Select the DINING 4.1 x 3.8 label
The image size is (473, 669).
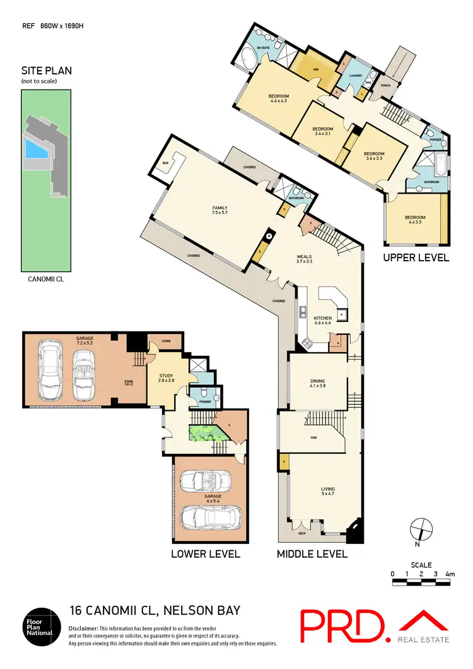pyautogui.click(x=317, y=383)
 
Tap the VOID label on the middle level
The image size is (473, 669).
pyautogui.click(x=313, y=437)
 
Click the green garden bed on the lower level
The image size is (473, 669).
pyautogui.click(x=204, y=434)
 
